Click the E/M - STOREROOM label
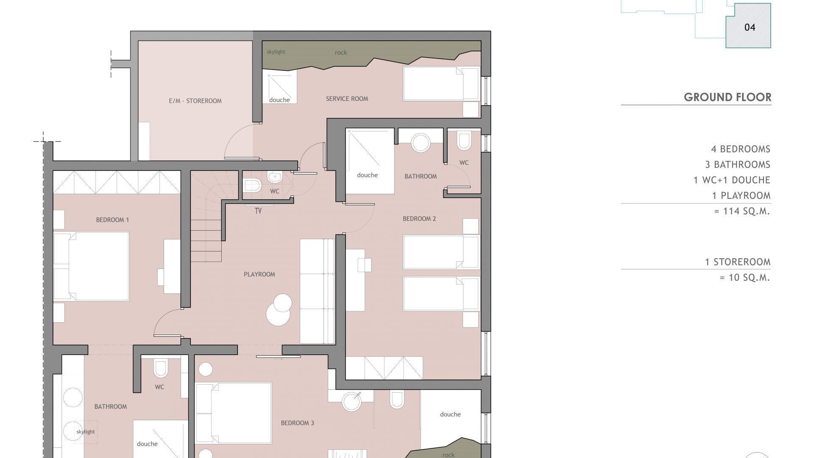[195, 101]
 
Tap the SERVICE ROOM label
[347, 99]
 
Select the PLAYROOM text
[259, 274]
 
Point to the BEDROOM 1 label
[112, 220]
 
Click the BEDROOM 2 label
[419, 219]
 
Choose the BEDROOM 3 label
[298, 423]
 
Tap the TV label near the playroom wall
[258, 211]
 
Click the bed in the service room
[441, 84]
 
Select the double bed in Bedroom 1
[91, 266]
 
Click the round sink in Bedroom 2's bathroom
[421, 143]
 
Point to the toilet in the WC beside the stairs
[253, 185]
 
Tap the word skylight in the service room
[276, 52]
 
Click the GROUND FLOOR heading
[728, 97]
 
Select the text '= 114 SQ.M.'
[742, 211]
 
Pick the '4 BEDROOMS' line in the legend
[741, 149]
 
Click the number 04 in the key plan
[750, 27]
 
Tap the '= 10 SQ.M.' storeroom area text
[745, 278]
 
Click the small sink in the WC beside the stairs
[274, 176]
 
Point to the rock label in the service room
[341, 53]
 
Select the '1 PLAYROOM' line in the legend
[741, 195]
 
